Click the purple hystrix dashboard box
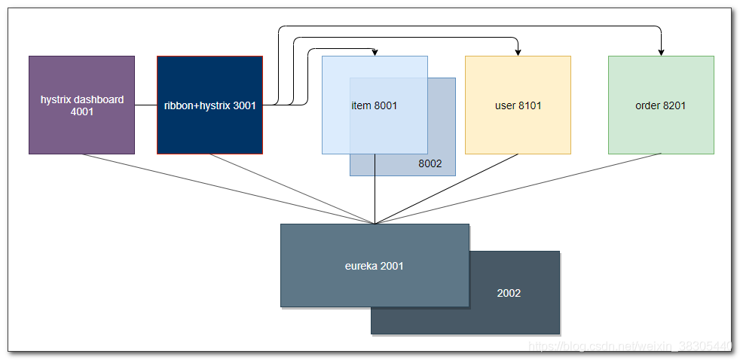point(81,105)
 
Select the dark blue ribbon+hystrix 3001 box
point(209,105)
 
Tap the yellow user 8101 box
point(518,105)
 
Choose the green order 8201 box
point(661,105)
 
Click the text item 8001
point(375,105)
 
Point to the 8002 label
point(430,164)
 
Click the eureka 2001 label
point(375,266)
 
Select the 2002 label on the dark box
point(509,293)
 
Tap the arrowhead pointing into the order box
point(661,52)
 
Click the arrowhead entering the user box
point(518,52)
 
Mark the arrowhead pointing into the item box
point(375,52)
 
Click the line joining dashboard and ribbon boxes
point(146,105)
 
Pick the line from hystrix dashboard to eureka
point(228,189)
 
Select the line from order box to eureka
point(518,189)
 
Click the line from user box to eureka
point(446,189)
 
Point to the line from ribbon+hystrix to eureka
point(292,189)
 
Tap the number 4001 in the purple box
point(81,112)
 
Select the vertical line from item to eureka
point(375,189)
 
